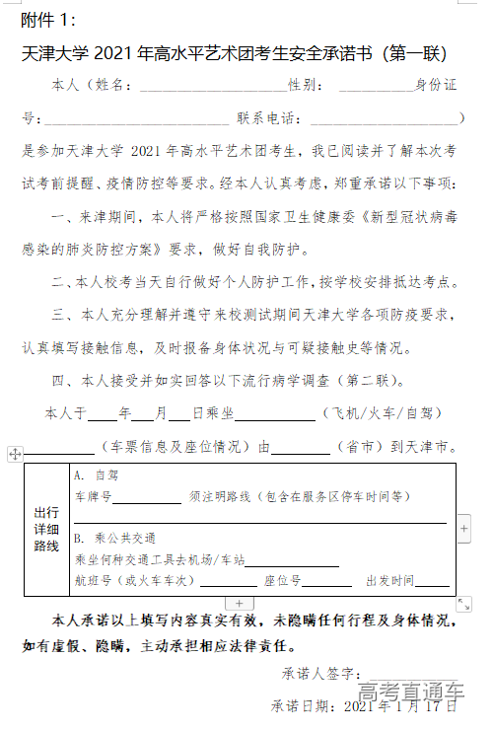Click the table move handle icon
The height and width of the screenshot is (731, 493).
point(15,454)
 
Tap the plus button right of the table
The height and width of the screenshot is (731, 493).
point(464,529)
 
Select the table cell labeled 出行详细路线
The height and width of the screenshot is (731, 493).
point(47,529)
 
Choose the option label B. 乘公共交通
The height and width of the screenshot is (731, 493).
point(114,539)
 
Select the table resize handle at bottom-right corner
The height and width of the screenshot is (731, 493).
point(463,604)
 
